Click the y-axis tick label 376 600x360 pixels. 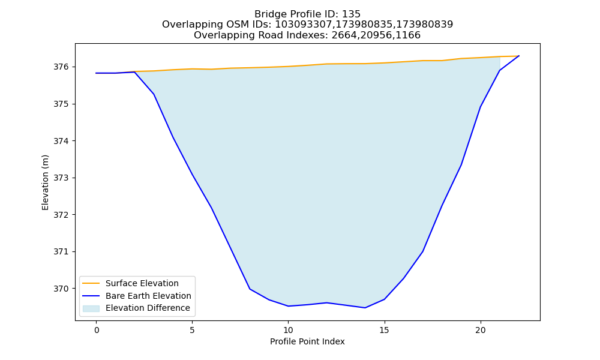tap(61, 67)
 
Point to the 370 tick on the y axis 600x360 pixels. tap(61, 289)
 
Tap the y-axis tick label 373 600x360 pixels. tap(61, 178)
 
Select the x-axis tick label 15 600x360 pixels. tap(384, 331)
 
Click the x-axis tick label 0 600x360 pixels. tap(97, 331)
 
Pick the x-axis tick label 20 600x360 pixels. tap(480, 331)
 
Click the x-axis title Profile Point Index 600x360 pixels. tap(307, 341)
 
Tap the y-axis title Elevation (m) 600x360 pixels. tap(45, 182)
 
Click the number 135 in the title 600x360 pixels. tap(351, 14)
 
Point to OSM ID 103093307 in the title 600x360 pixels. tap(304, 25)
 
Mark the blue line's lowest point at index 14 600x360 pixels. tap(365, 308)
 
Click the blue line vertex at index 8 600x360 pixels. tap(250, 289)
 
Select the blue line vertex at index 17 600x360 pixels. tap(423, 251)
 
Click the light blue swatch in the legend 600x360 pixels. tap(91, 308)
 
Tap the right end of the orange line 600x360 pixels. tap(519, 56)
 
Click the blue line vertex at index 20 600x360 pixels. tap(480, 107)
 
